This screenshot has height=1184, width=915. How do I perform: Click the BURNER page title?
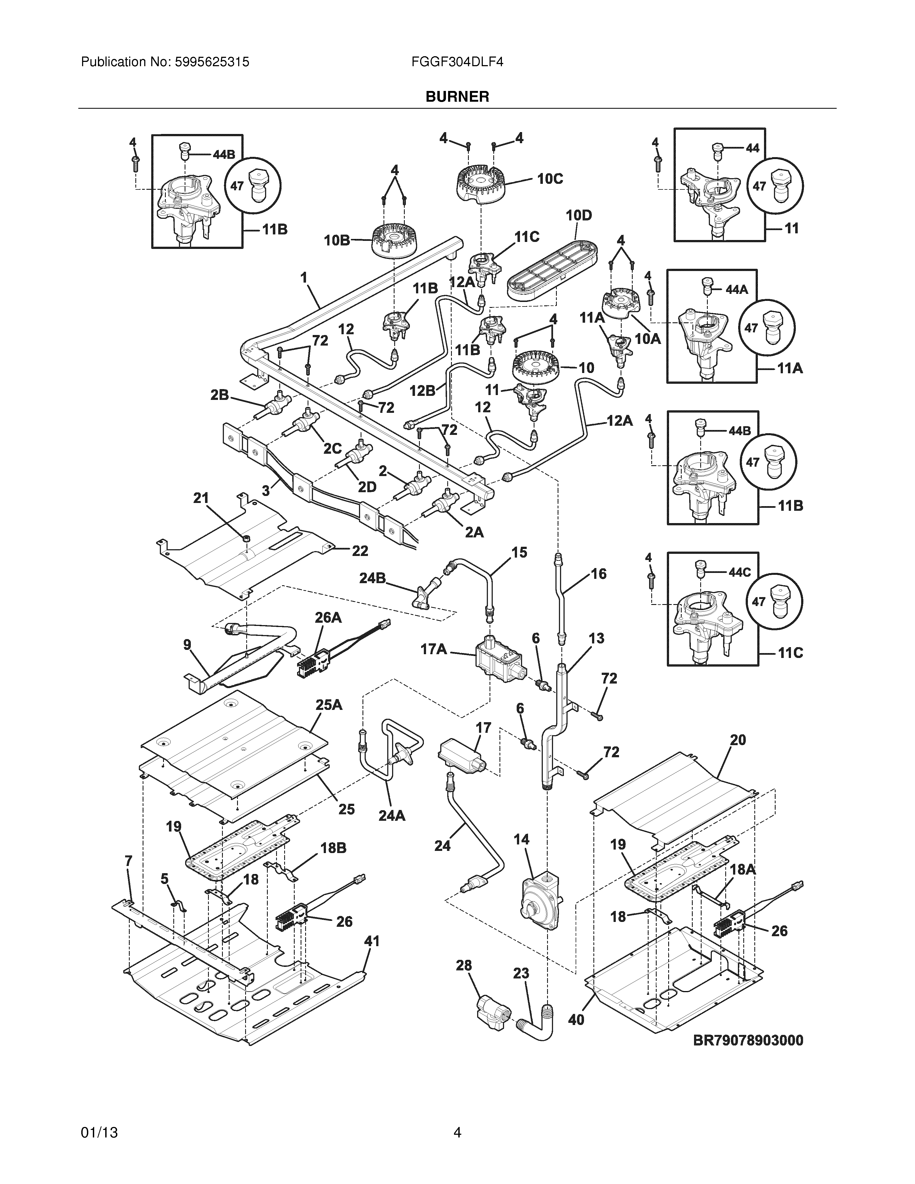coord(457,97)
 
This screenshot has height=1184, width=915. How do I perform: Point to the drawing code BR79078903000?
coord(748,1040)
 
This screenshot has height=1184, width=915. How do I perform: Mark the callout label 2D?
coord(367,487)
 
